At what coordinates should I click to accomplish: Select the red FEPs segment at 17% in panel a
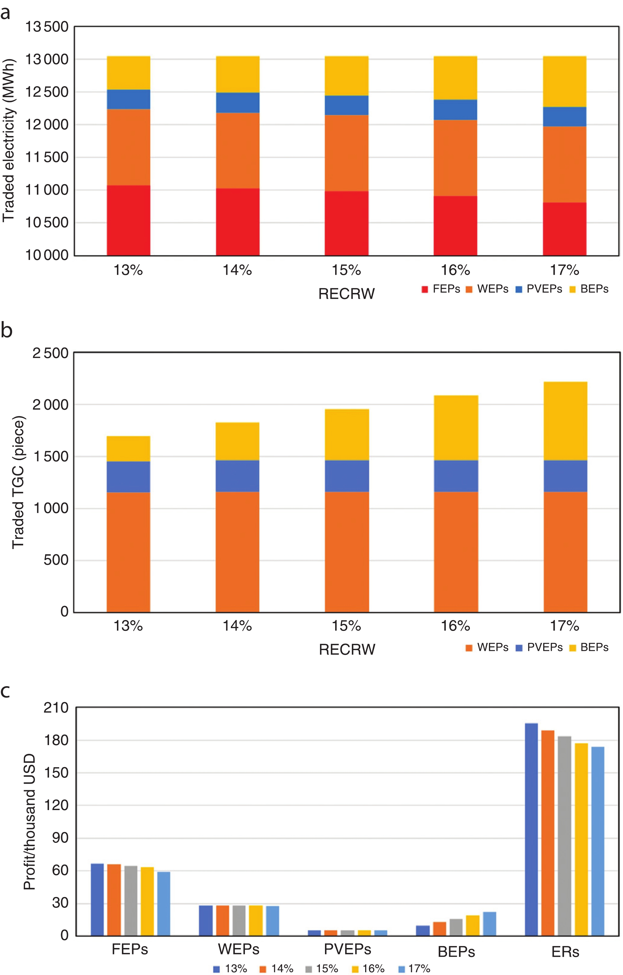click(x=564, y=229)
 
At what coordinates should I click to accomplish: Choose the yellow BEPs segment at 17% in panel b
click(x=565, y=421)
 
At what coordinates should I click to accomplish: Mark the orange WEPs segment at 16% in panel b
click(x=456, y=552)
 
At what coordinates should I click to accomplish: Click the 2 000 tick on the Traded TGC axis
click(x=51, y=404)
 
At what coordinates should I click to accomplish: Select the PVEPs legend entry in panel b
click(x=539, y=647)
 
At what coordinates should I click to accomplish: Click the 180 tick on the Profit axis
click(x=56, y=740)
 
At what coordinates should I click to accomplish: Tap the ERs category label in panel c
click(x=565, y=952)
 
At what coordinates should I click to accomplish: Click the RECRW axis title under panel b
click(x=347, y=650)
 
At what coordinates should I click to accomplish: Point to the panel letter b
click(x=7, y=330)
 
